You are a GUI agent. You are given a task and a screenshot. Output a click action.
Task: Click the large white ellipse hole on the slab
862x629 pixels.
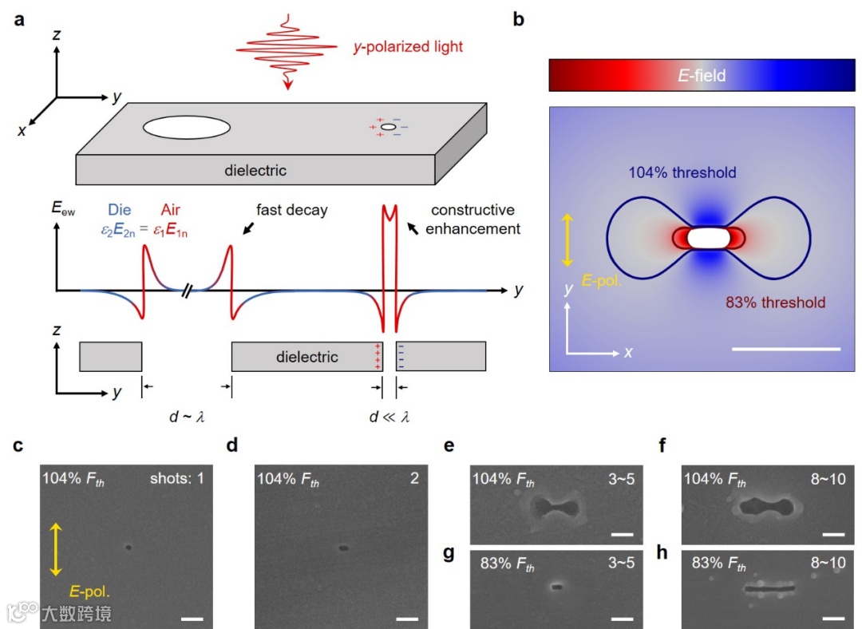pyautogui.click(x=187, y=127)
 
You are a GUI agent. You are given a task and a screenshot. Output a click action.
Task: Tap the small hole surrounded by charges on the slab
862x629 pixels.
pyautogui.click(x=388, y=127)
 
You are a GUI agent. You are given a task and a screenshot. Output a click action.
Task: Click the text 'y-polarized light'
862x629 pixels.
pyautogui.click(x=409, y=47)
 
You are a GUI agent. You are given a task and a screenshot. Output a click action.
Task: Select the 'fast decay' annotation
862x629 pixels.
pyautogui.click(x=292, y=211)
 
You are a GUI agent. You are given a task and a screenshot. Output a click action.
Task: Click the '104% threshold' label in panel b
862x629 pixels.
pyautogui.click(x=682, y=172)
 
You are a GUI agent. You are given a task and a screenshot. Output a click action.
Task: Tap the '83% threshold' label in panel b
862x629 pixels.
pyautogui.click(x=775, y=303)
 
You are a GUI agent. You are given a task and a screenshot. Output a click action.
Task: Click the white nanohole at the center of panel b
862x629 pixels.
pyautogui.click(x=709, y=238)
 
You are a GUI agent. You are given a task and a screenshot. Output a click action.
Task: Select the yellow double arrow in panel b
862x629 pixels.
pyautogui.click(x=566, y=239)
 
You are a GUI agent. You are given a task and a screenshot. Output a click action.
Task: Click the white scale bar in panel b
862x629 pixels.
pyautogui.click(x=785, y=349)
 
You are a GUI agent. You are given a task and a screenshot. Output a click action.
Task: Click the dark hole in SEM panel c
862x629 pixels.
pyautogui.click(x=128, y=548)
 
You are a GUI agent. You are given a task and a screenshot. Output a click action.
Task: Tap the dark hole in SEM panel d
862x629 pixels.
pyautogui.click(x=343, y=548)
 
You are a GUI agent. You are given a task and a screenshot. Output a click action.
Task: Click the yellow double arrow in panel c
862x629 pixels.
pyautogui.click(x=55, y=548)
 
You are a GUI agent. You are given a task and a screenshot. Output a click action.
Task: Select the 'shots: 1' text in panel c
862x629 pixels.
pyautogui.click(x=176, y=479)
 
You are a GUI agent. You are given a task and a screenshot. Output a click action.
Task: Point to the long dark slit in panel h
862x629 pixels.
pyautogui.click(x=769, y=590)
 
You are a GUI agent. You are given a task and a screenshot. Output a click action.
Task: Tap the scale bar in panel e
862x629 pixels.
pyautogui.click(x=622, y=535)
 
